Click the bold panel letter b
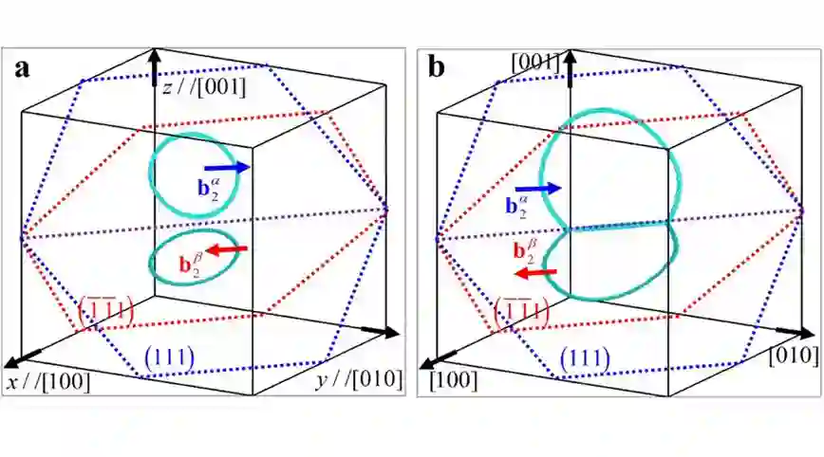point(436,68)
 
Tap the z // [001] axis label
point(203,88)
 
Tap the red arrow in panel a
point(227,250)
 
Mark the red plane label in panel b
point(523,310)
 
